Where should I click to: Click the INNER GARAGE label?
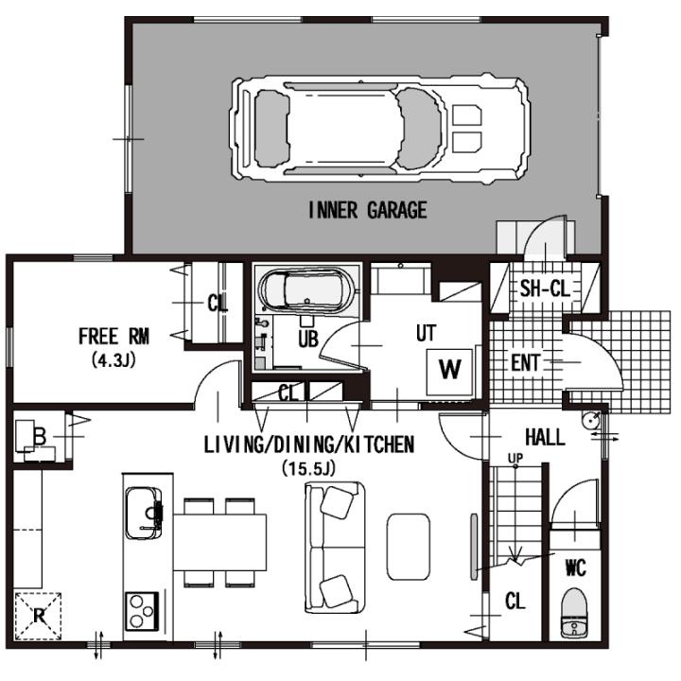click(367, 210)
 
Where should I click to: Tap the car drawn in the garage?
click(380, 129)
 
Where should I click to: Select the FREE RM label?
click(113, 337)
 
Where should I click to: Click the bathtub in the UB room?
click(306, 289)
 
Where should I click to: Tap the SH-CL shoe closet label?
click(545, 288)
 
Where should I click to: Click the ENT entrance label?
click(526, 363)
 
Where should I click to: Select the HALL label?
click(545, 437)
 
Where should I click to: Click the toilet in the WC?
click(574, 613)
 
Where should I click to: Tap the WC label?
click(576, 567)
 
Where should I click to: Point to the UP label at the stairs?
click(515, 458)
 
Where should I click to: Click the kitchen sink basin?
click(144, 513)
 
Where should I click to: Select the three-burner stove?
click(142, 611)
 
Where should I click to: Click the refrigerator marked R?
click(38, 617)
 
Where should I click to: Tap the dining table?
click(219, 542)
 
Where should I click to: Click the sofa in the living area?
click(335, 548)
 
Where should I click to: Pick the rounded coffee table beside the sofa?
click(409, 547)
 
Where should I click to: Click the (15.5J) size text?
click(308, 468)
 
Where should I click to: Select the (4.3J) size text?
click(113, 360)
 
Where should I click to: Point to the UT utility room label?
click(426, 334)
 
